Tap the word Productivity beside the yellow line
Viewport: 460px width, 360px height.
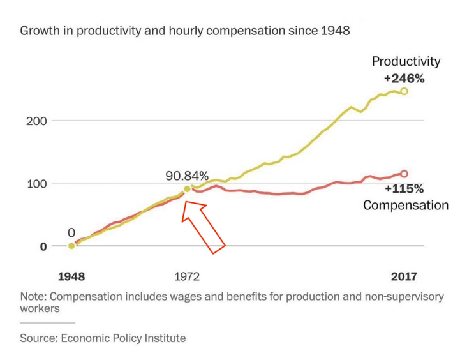click(x=406, y=62)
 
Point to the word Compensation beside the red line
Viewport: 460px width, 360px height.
click(x=405, y=205)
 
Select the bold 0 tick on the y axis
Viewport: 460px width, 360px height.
click(x=43, y=246)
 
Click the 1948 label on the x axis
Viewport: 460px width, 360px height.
click(x=71, y=276)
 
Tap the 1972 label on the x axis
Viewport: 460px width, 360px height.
click(x=186, y=276)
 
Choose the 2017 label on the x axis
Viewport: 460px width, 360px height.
click(x=403, y=276)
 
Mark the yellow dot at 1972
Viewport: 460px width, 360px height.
click(x=187, y=189)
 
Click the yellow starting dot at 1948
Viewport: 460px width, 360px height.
click(x=71, y=246)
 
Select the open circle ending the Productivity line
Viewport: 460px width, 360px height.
click(x=404, y=92)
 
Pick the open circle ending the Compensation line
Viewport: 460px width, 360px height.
click(x=404, y=174)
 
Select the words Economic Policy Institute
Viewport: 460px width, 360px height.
click(x=123, y=338)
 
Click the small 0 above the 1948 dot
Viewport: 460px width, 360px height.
click(x=71, y=233)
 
